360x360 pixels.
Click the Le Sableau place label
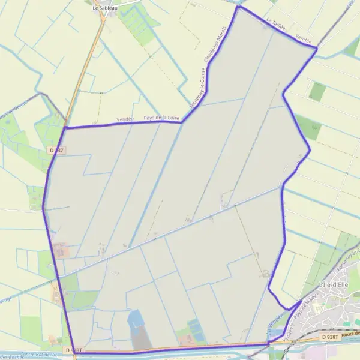pos(105,8)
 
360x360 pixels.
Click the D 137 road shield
pos(56,150)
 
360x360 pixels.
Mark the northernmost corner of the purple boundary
pos(238,7)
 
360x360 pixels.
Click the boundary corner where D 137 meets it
pos(65,127)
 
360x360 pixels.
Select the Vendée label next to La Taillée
pos(304,39)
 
